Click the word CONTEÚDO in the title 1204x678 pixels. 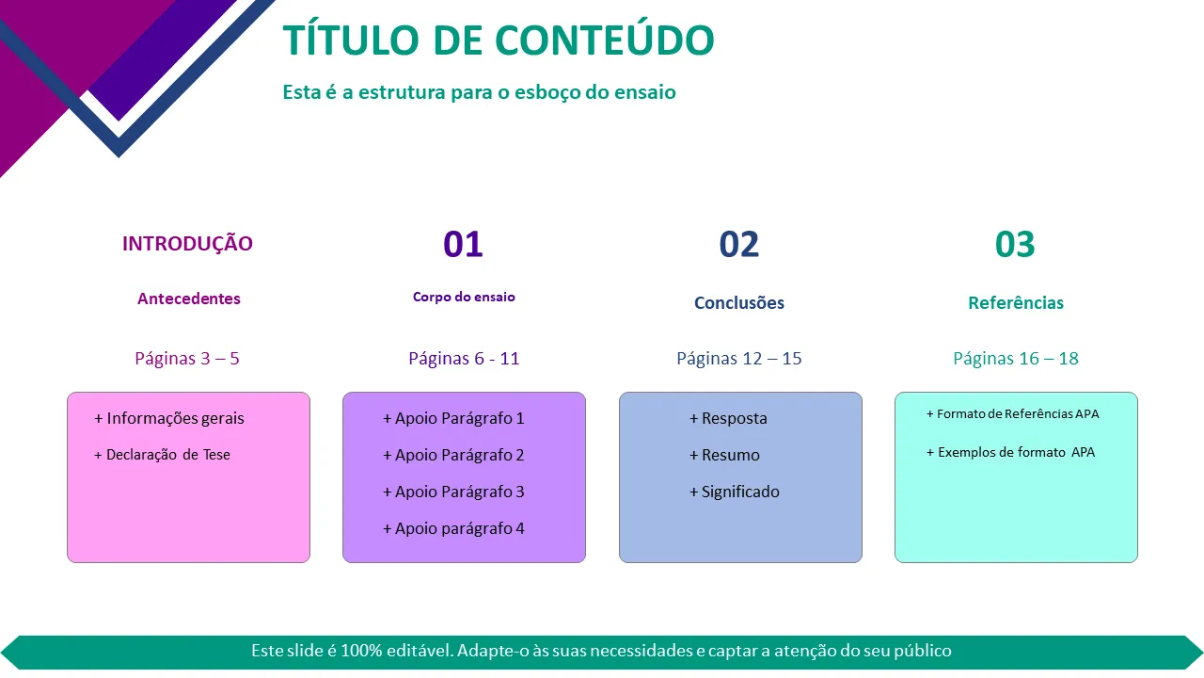[x=605, y=40]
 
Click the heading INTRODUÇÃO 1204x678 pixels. [x=187, y=243]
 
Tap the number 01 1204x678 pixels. [x=463, y=244]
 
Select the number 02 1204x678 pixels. [x=739, y=244]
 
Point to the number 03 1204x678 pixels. [x=1015, y=244]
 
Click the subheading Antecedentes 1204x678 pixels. [x=189, y=299]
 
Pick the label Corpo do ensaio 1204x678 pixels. [x=464, y=297]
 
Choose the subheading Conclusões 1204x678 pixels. [x=739, y=302]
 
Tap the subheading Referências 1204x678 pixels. [x=1016, y=302]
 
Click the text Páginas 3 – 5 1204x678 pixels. [x=187, y=359]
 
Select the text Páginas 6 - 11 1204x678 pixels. [x=464, y=359]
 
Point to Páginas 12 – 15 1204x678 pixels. [x=739, y=359]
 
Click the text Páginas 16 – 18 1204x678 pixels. [x=1016, y=359]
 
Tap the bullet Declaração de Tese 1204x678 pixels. [x=163, y=455]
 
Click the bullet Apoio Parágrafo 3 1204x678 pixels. [x=453, y=492]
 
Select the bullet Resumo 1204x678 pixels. [x=724, y=455]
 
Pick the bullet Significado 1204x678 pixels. [x=735, y=492]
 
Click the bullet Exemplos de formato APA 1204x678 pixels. [x=1010, y=452]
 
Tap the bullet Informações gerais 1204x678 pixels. [x=168, y=419]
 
